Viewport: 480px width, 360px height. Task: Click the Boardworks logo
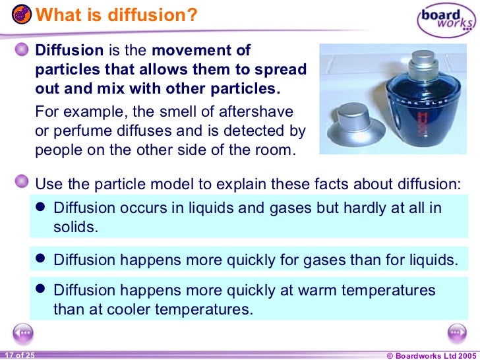[x=446, y=20]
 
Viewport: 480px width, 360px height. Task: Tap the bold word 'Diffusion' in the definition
[x=69, y=51]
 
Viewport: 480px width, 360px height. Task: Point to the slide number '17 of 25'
[x=18, y=355]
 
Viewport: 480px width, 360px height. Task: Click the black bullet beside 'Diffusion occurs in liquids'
[x=40, y=207]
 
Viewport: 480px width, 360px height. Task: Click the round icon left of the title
[x=20, y=13]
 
